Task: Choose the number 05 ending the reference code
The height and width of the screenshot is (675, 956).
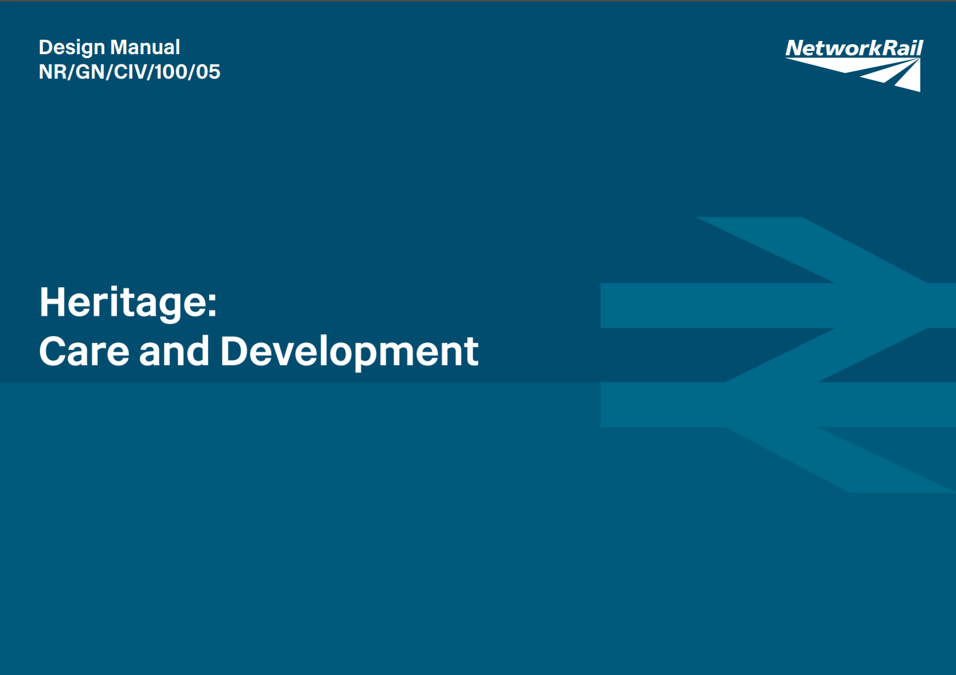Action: click(207, 72)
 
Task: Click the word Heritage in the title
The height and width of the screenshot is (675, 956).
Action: click(122, 302)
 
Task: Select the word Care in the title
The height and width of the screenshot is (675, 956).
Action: click(84, 351)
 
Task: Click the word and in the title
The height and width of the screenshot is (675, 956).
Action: click(174, 351)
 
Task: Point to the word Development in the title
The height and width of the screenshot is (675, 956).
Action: click(349, 352)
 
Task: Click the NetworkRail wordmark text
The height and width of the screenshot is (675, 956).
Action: click(853, 48)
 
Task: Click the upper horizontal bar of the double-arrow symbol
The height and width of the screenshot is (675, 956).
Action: click(712, 305)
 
